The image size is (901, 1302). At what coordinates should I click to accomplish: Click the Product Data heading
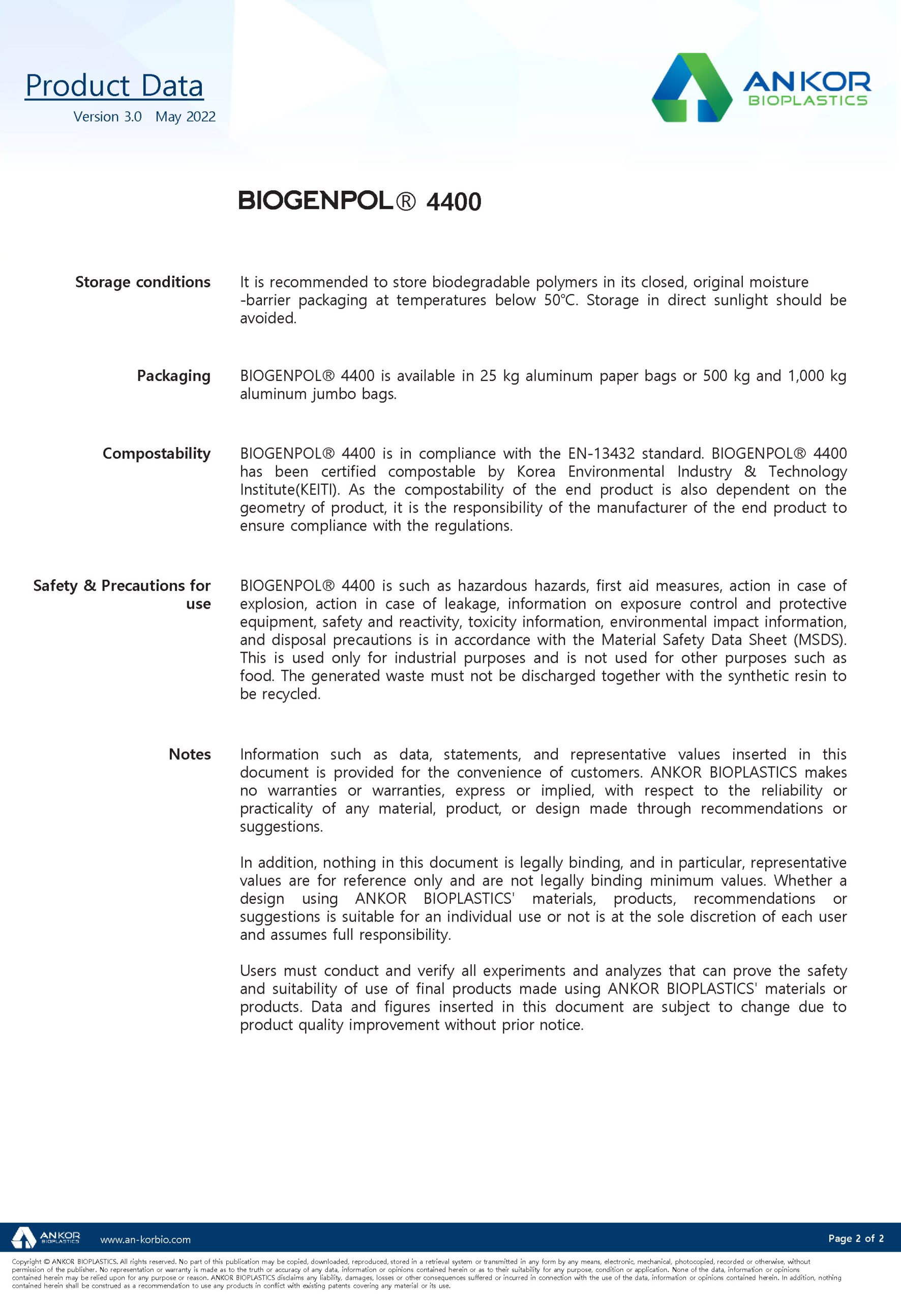pos(114,86)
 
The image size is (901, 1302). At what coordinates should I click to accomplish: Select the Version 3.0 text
pos(107,117)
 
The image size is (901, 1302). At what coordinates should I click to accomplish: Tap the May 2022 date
pos(185,117)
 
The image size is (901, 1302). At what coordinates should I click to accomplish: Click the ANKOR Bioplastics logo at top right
pos(761,87)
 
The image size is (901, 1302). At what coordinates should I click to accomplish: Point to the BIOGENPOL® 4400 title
pos(359,201)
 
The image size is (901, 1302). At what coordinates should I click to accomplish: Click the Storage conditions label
pos(143,282)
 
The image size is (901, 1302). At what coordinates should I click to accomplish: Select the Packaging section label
pos(173,375)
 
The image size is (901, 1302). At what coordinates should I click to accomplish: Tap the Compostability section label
pos(157,453)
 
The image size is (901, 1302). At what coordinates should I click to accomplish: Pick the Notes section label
pos(190,754)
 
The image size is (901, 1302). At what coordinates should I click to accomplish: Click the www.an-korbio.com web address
pos(145,1240)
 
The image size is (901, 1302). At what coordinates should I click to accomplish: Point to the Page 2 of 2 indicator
pos(856,1238)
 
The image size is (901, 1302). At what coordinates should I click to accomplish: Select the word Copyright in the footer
pos(26,1262)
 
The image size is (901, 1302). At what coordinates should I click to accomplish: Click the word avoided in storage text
pos(267,318)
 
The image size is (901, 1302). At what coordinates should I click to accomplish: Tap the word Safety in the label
pos(55,585)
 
